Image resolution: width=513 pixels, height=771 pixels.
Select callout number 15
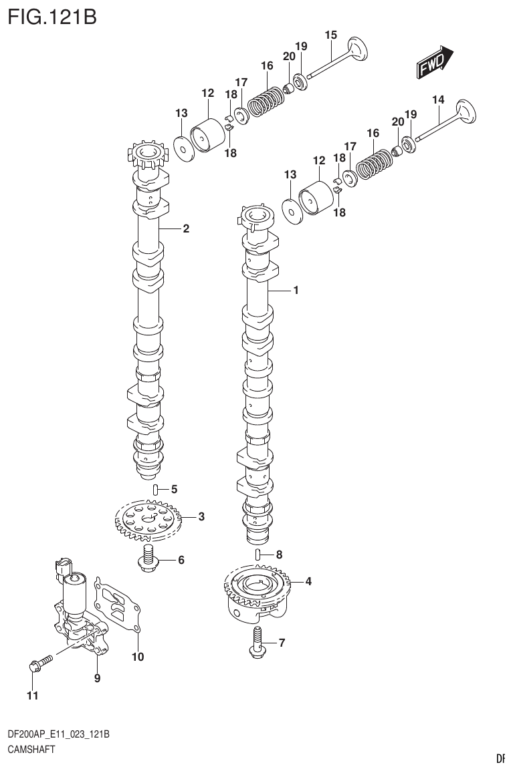(331, 35)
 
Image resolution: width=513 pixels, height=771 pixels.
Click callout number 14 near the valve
(437, 100)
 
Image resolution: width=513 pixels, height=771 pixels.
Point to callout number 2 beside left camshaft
(186, 229)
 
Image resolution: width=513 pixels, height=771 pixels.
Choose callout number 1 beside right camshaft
(295, 291)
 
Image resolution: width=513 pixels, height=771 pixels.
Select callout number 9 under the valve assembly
(97, 678)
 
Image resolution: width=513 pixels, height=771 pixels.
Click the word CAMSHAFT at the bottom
(32, 749)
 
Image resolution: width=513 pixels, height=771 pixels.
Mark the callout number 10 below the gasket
(137, 657)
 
